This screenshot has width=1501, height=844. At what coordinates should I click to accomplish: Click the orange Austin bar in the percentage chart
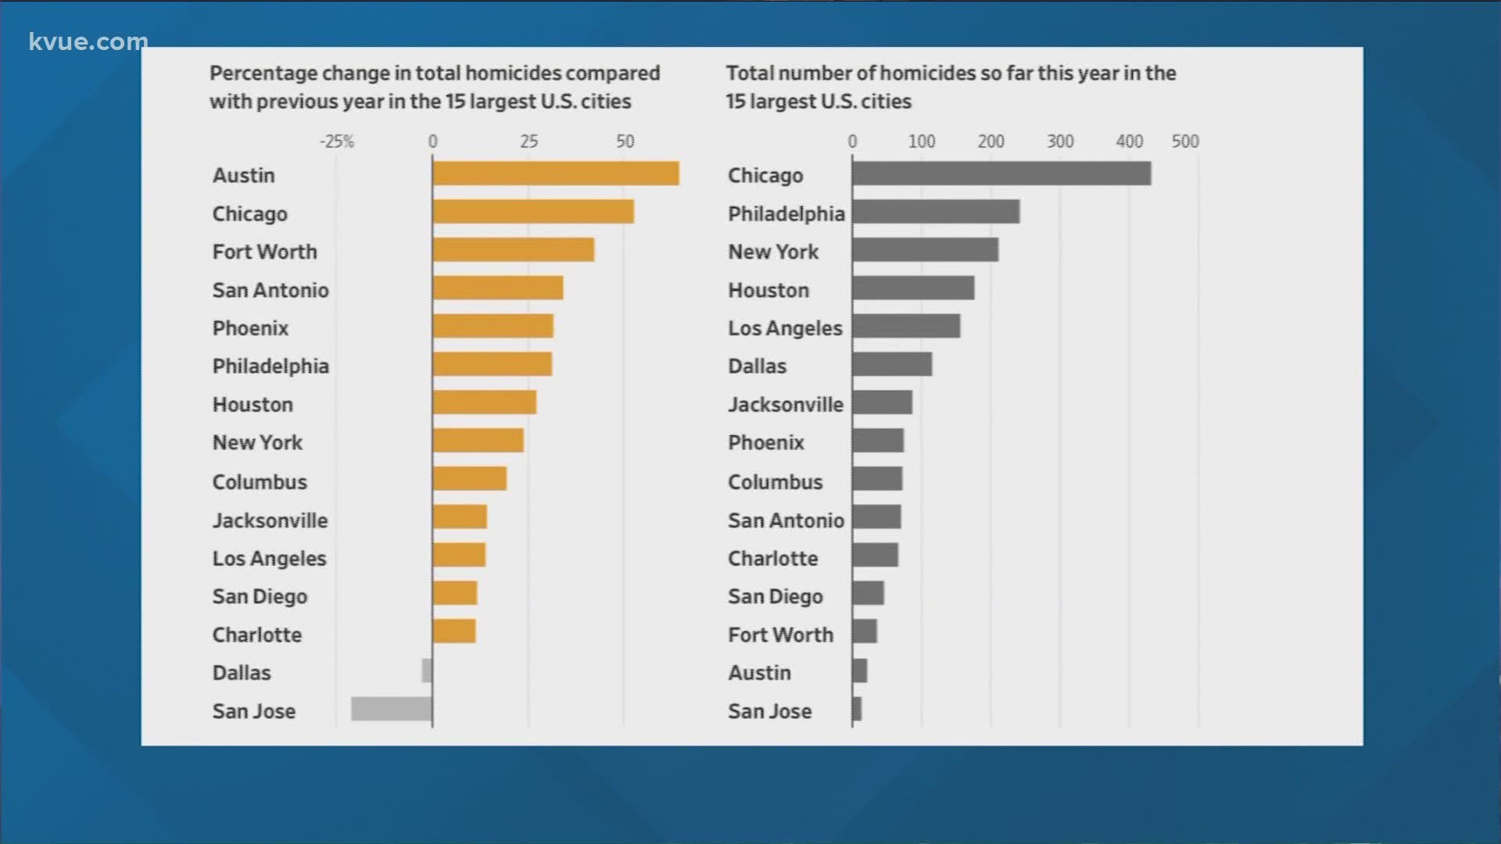[x=555, y=173]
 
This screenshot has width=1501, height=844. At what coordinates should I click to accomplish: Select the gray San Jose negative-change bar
[x=391, y=709]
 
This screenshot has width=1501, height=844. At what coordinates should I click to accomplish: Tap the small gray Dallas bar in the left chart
[x=427, y=671]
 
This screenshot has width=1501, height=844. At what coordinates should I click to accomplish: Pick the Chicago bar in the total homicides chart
[x=1001, y=173]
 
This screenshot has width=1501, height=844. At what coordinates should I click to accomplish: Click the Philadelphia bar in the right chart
[x=936, y=212]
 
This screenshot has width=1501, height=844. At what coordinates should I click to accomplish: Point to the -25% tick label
[x=337, y=141]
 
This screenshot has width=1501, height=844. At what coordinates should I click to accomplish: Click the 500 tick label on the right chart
[x=1184, y=141]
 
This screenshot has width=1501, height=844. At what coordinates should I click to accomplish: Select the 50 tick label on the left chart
[x=625, y=141]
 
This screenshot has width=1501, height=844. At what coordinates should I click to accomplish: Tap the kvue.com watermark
[x=88, y=41]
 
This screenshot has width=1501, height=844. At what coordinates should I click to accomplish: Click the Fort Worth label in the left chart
[x=264, y=252]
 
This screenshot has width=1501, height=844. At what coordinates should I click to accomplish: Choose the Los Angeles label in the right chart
[x=785, y=328]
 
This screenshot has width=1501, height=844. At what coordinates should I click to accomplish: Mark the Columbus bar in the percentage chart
[x=469, y=478]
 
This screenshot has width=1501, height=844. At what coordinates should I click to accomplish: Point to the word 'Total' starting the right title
[x=749, y=73]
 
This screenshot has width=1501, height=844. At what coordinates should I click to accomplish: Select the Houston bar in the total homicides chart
[x=913, y=288]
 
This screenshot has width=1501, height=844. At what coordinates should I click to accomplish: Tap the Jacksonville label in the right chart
[x=785, y=405]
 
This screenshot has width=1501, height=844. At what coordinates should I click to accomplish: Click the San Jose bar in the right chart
[x=857, y=709]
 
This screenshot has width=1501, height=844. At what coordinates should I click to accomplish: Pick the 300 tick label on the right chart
[x=1060, y=141]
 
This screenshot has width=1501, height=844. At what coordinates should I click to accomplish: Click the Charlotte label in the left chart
[x=256, y=635]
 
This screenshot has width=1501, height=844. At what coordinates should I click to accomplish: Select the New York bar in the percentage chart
[x=478, y=441]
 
